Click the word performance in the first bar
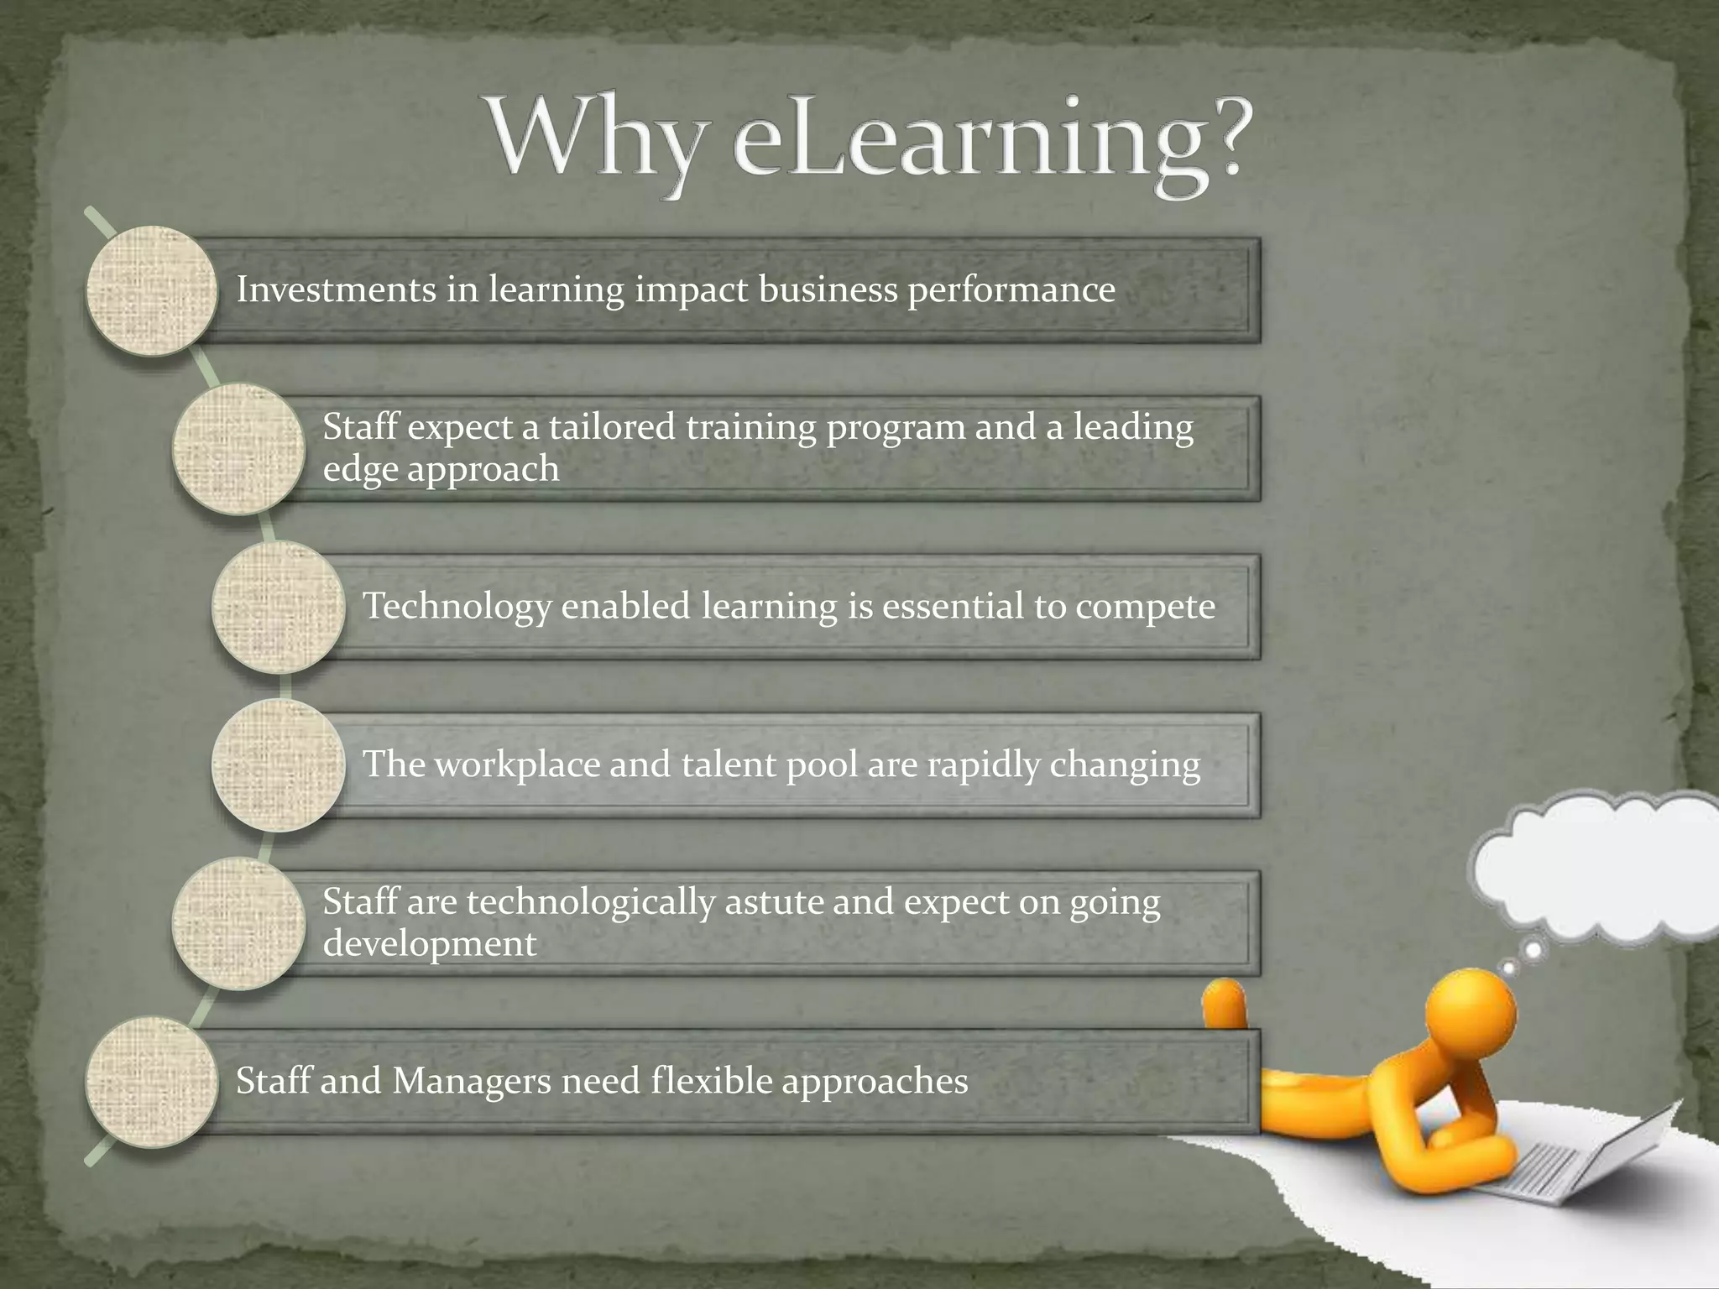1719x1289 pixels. [1011, 291]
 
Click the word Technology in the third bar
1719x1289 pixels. [457, 607]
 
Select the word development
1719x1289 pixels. [430, 944]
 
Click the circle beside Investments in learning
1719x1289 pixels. [152, 290]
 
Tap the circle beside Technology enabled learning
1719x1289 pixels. [278, 607]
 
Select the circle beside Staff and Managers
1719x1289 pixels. [152, 1081]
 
